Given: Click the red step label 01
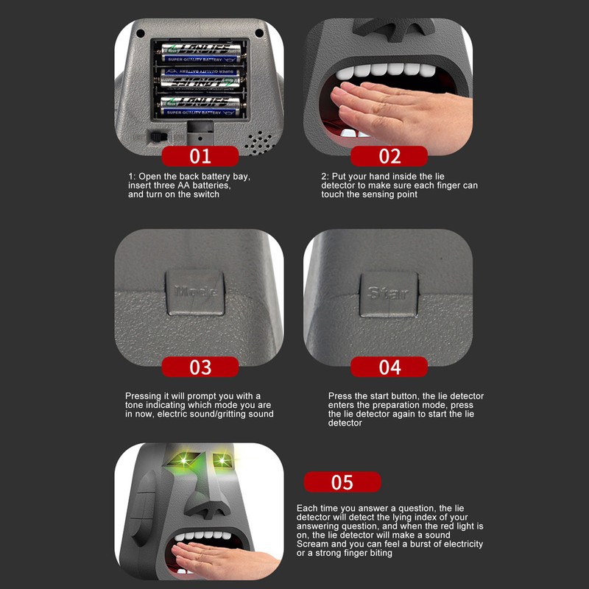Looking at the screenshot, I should tap(200, 156).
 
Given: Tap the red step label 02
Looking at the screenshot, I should tap(389, 156).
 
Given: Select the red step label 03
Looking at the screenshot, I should tap(200, 367).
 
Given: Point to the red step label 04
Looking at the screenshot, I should tap(389, 367).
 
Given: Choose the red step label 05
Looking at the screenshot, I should tap(342, 482).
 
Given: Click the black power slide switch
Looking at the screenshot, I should tap(157, 137).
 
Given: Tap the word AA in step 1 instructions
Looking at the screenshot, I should tap(183, 186).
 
